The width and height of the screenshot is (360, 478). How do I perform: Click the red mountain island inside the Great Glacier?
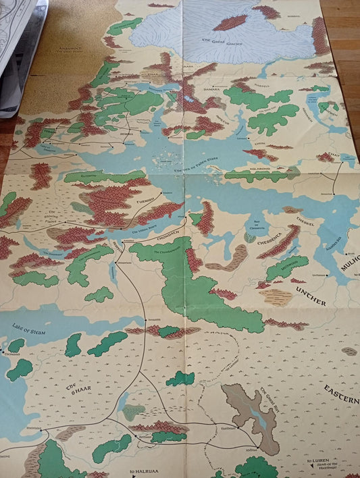[230, 22]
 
